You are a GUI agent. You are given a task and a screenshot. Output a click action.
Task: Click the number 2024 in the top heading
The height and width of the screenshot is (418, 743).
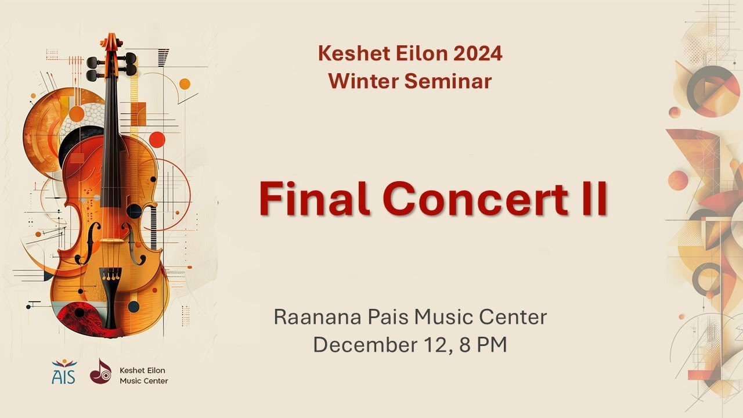click(477, 54)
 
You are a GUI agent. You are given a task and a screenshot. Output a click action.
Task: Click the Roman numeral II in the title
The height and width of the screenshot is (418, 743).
click(589, 198)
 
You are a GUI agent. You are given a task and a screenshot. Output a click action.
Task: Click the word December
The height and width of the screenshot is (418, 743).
click(362, 345)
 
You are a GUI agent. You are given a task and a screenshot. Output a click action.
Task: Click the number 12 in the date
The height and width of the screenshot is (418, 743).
click(429, 345)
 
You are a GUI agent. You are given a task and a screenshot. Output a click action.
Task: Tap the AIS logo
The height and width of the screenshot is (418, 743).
click(63, 372)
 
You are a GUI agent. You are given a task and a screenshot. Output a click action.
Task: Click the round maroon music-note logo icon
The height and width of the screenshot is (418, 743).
click(100, 372)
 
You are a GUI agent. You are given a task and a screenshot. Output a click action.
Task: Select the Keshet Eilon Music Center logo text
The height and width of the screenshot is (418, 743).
click(143, 375)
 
